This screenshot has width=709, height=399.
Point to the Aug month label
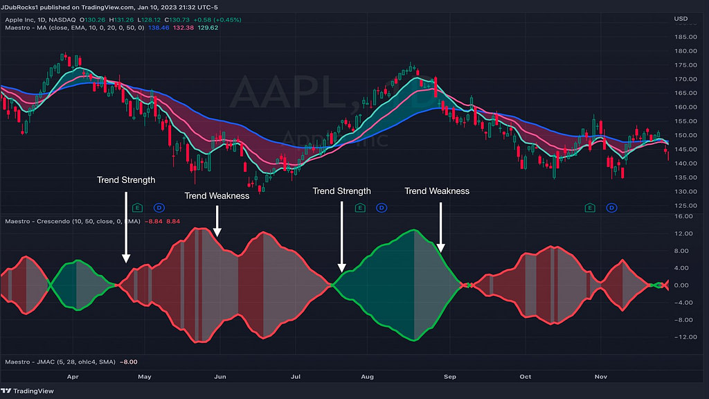367,377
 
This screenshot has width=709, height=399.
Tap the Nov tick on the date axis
601,377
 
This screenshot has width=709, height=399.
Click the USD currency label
681,19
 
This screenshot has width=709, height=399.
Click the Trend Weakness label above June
217,195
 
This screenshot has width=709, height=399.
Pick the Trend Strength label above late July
341,190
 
